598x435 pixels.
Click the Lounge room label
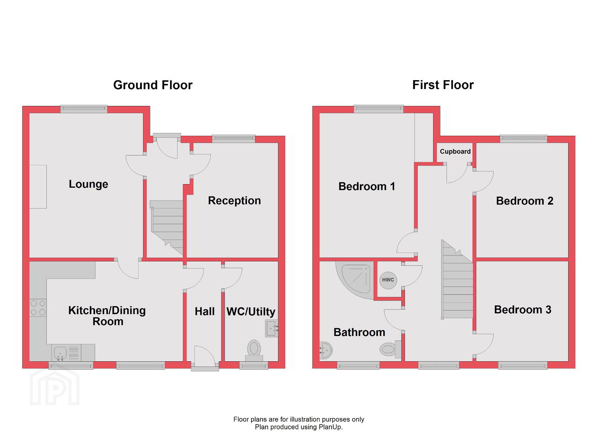pyautogui.click(x=88, y=184)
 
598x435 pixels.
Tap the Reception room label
pyautogui.click(x=235, y=201)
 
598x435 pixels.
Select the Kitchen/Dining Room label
pyautogui.click(x=107, y=316)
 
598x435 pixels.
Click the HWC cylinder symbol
pyautogui.click(x=388, y=280)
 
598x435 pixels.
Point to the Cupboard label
pyautogui.click(x=455, y=151)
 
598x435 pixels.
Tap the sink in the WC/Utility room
pyautogui.click(x=272, y=328)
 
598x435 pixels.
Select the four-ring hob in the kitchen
pyautogui.click(x=38, y=308)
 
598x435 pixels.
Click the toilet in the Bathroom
pyautogui.click(x=390, y=349)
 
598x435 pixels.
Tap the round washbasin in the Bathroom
pyautogui.click(x=326, y=350)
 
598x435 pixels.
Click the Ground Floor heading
pyautogui.click(x=153, y=85)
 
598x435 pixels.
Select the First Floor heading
pyautogui.click(x=443, y=85)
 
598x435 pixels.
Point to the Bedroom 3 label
pyautogui.click(x=523, y=310)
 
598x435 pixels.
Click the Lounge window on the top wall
pyautogui.click(x=84, y=109)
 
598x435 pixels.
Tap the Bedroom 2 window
pyautogui.click(x=523, y=139)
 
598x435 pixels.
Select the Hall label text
pyautogui.click(x=204, y=311)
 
